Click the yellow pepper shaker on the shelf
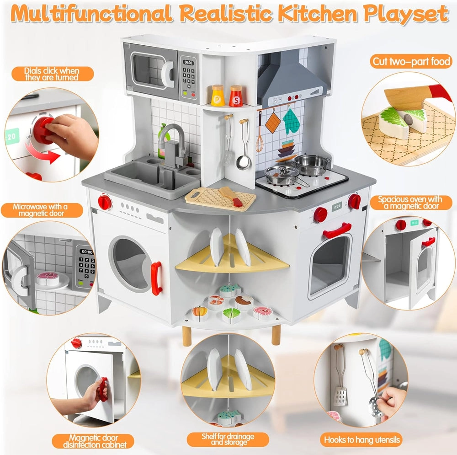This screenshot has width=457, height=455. point(218,96)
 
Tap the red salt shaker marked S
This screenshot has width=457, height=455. point(236,96)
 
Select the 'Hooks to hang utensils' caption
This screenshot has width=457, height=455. point(362,440)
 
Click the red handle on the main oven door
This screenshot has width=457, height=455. point(337,230)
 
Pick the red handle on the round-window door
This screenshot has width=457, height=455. point(156,278)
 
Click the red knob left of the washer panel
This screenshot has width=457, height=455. point(105,202)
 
